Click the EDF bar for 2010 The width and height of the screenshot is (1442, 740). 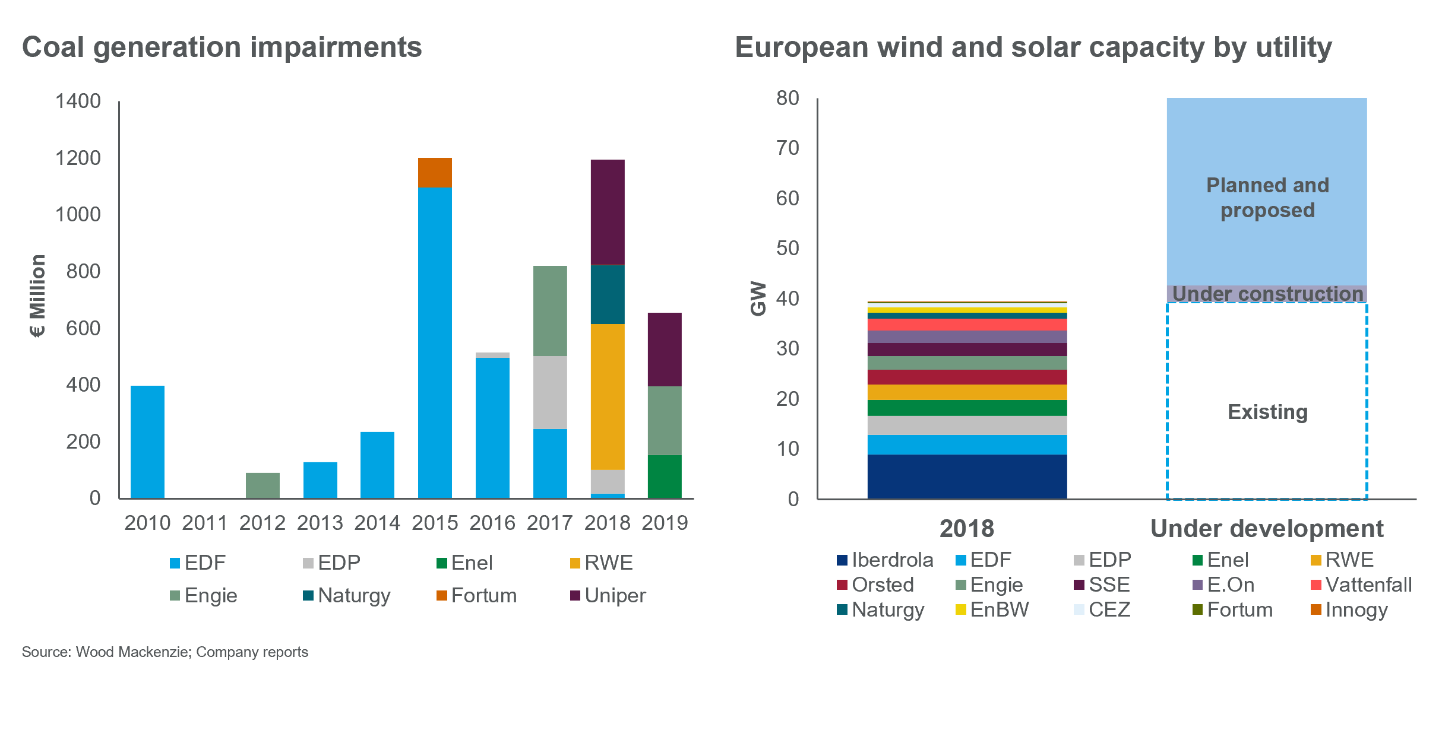tap(147, 442)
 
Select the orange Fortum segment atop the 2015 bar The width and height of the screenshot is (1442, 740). tap(435, 173)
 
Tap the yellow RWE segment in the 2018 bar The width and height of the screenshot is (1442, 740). tap(608, 396)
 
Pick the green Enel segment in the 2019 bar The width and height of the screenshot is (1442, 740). tap(665, 477)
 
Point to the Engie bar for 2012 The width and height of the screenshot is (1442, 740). tap(263, 485)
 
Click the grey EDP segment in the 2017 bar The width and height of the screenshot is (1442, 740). tap(550, 392)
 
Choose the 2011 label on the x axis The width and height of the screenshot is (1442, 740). tap(204, 523)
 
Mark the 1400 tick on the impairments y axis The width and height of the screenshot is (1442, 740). tap(78, 101)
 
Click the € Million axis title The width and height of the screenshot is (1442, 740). tap(37, 296)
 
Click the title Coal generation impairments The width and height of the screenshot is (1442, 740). tap(222, 47)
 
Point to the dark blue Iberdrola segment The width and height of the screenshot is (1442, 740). tap(967, 477)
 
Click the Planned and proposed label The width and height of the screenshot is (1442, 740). tap(1267, 198)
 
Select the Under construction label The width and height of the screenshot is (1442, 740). tap(1267, 294)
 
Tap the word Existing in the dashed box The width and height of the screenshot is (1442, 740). tap(1267, 412)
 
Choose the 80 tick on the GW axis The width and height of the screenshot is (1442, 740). tap(788, 98)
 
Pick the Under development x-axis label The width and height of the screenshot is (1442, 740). tap(1267, 529)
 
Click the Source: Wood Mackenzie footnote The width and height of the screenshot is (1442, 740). tap(165, 652)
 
